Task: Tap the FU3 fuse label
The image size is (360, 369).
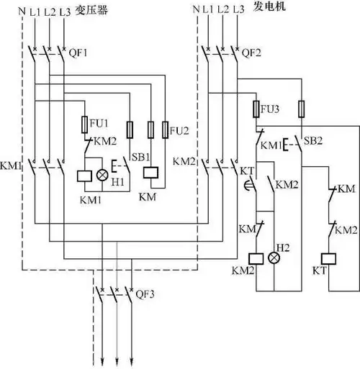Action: point(271,110)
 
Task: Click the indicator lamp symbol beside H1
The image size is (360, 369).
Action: point(102,176)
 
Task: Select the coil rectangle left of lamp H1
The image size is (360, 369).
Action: point(84,176)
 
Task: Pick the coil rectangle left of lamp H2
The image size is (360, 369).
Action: point(254,258)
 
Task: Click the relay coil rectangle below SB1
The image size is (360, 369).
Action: point(151,173)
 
